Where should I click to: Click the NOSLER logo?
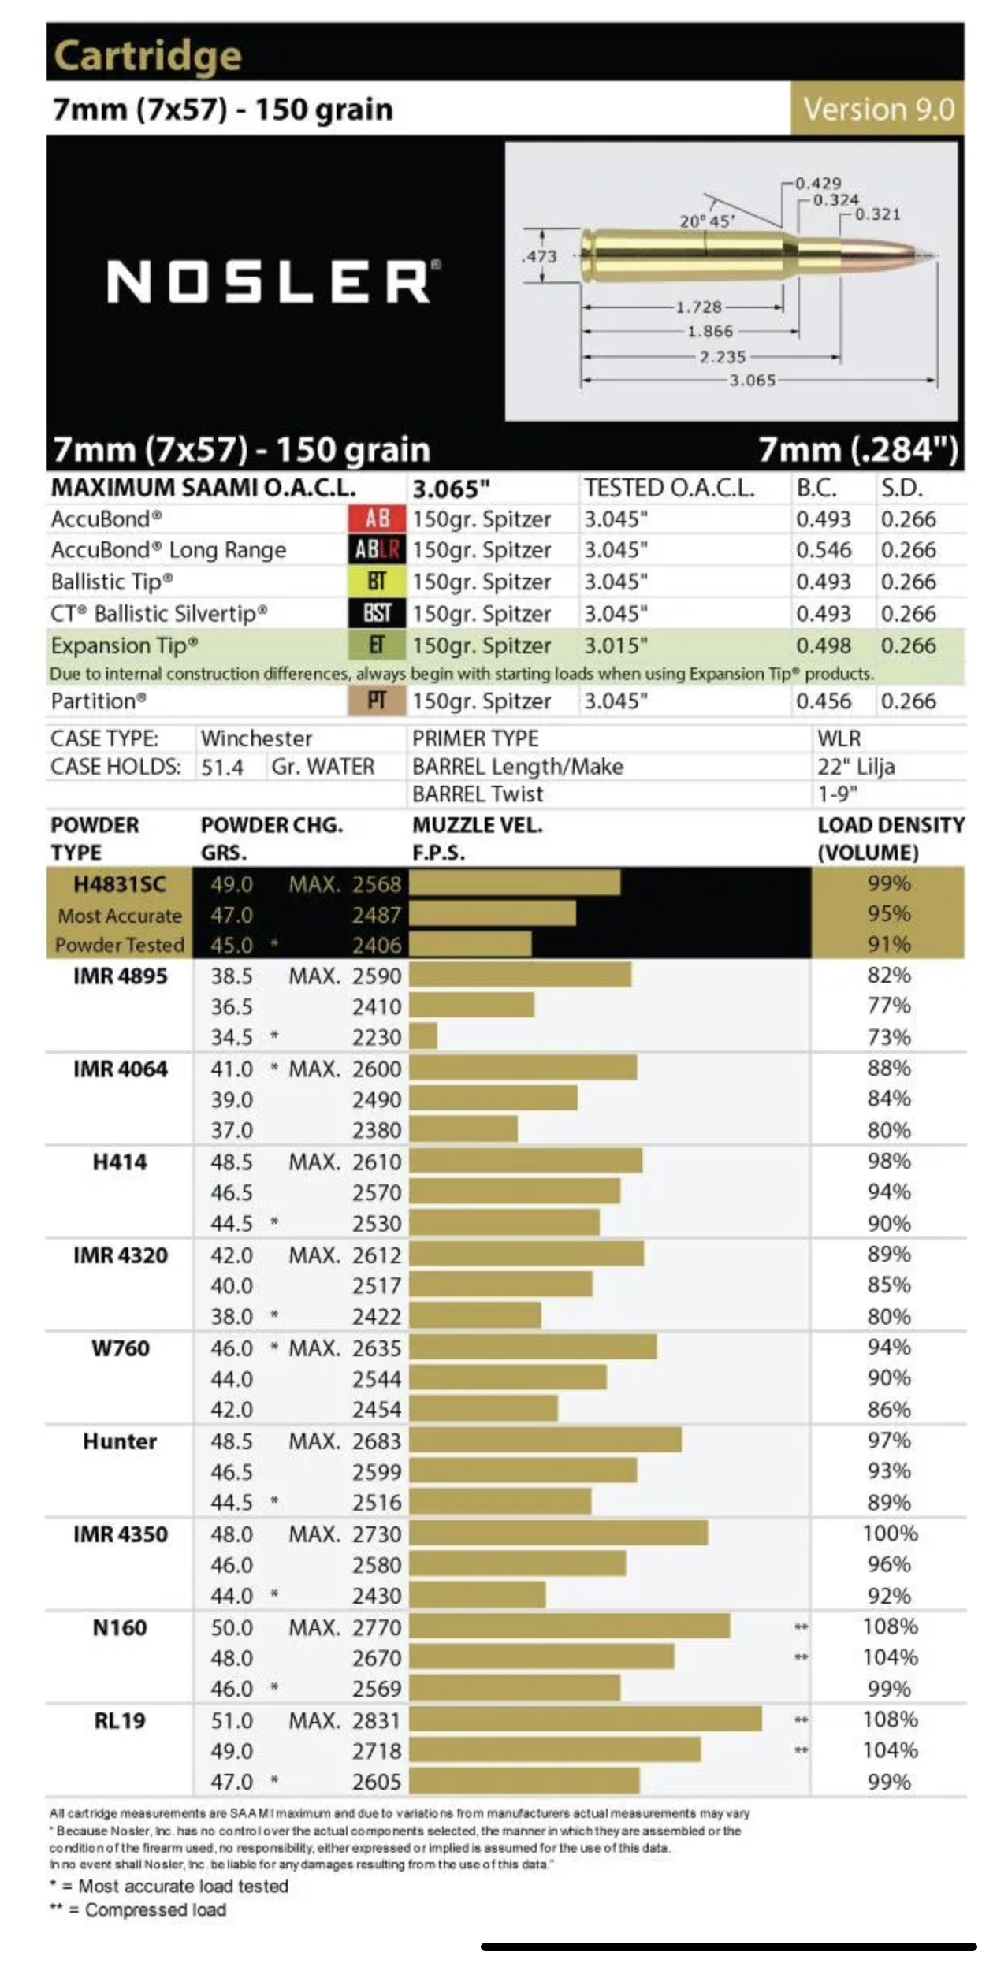pyautogui.click(x=273, y=281)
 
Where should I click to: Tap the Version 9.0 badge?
pyautogui.click(x=878, y=109)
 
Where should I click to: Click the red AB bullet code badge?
pyautogui.click(x=377, y=519)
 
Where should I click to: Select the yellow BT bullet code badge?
pyautogui.click(x=377, y=582)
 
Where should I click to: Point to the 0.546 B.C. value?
pyautogui.click(x=823, y=550)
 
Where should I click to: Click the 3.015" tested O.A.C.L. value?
pyautogui.click(x=616, y=645)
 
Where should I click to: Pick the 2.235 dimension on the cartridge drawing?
pyautogui.click(x=722, y=357)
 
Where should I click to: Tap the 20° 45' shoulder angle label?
pyautogui.click(x=707, y=221)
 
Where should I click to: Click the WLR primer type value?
pyautogui.click(x=839, y=738)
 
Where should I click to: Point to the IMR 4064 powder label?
pyautogui.click(x=120, y=1069)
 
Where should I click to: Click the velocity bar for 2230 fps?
pyautogui.click(x=423, y=1036)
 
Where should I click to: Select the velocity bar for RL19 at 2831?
pyautogui.click(x=585, y=1719)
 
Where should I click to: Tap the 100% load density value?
pyautogui.click(x=890, y=1534)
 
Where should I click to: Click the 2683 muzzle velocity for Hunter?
pyautogui.click(x=376, y=1441)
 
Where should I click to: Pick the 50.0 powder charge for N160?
pyautogui.click(x=231, y=1627)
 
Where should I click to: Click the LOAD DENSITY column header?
pyautogui.click(x=890, y=838)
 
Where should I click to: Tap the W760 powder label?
pyautogui.click(x=120, y=1348)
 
